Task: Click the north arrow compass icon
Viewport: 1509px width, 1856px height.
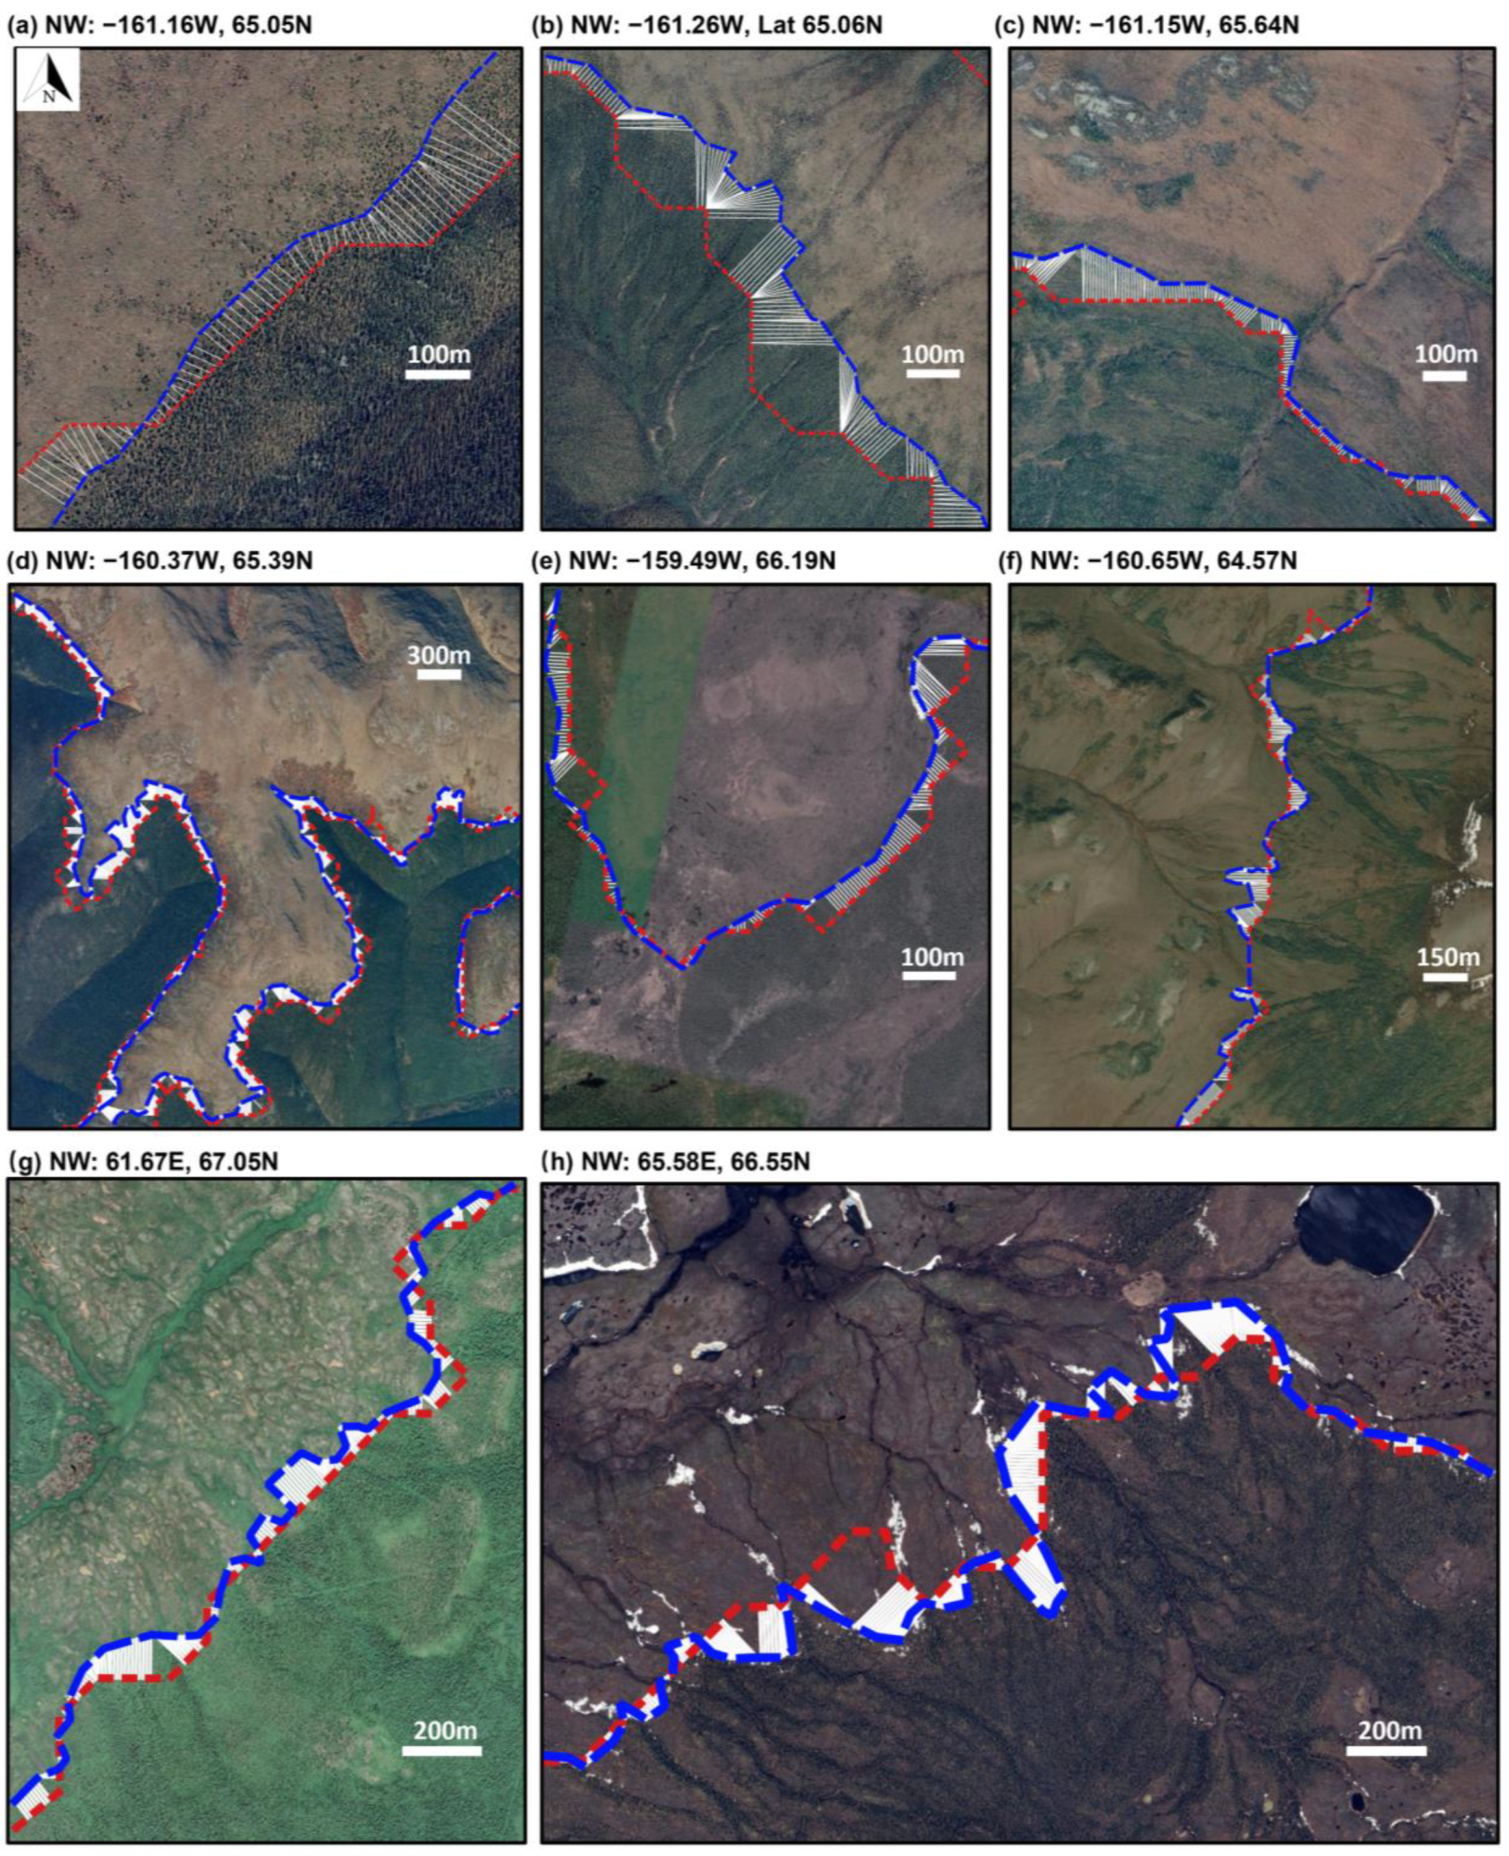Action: pyautogui.click(x=48, y=79)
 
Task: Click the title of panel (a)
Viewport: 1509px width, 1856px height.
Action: pyautogui.click(x=159, y=25)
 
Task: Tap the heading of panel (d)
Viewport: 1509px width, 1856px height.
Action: pyautogui.click(x=160, y=561)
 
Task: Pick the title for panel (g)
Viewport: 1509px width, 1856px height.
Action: pyautogui.click(x=143, y=1162)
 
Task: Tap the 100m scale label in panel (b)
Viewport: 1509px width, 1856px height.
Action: pyautogui.click(x=933, y=354)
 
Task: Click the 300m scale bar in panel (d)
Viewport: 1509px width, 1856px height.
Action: pyautogui.click(x=438, y=673)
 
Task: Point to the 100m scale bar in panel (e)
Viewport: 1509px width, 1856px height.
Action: pyautogui.click(x=928, y=976)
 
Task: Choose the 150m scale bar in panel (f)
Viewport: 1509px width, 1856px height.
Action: pyautogui.click(x=1445, y=976)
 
